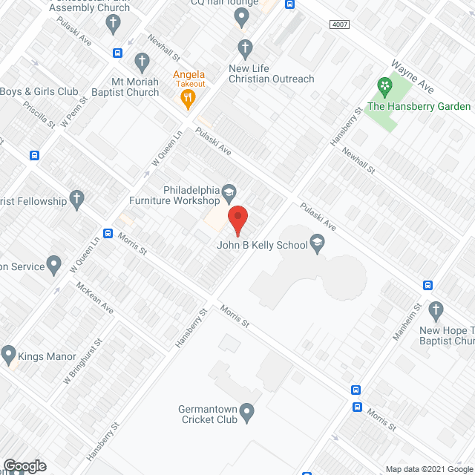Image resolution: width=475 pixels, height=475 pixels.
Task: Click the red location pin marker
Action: [x=237, y=220]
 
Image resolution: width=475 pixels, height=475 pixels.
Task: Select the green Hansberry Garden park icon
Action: [x=384, y=87]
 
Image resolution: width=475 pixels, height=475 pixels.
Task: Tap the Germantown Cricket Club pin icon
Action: [x=249, y=410]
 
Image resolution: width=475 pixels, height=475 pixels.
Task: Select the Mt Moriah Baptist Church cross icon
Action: [x=142, y=61]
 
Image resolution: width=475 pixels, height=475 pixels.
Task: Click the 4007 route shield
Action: [x=339, y=24]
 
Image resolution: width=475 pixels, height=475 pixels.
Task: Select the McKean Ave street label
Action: [x=94, y=296]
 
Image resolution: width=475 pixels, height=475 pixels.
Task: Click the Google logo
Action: [x=24, y=466]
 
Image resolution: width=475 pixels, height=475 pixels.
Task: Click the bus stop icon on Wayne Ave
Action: [x=290, y=4]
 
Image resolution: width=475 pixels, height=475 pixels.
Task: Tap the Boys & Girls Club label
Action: [x=39, y=92]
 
